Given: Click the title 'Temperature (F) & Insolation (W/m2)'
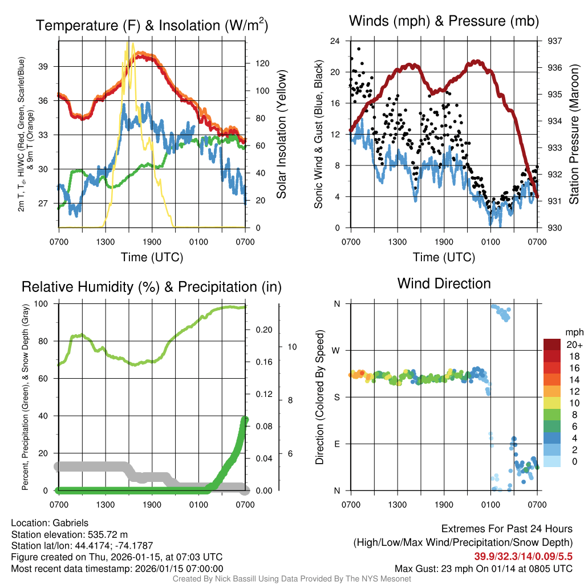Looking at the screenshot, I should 152,25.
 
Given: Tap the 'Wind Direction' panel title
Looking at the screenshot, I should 444,283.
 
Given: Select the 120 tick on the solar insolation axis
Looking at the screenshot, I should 261,63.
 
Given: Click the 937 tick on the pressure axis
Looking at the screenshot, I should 555,41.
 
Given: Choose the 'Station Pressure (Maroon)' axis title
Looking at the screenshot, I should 574,135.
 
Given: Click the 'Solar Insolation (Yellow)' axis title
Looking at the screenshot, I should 281,135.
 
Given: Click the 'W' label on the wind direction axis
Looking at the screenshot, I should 337,350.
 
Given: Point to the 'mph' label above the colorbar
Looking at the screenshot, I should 573,332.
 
